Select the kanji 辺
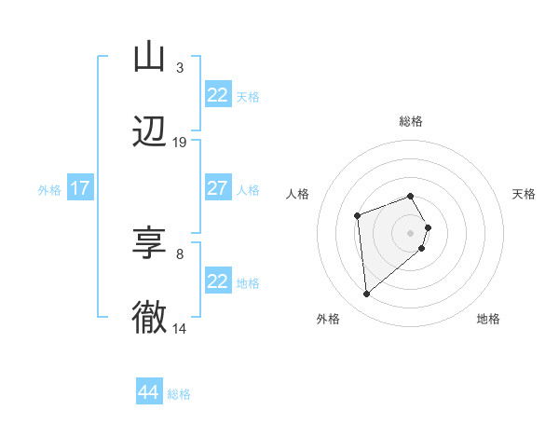(149, 132)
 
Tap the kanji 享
(149, 244)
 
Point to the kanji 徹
(149, 318)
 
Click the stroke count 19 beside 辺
(180, 143)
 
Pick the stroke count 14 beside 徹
(180, 328)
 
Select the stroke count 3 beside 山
(179, 68)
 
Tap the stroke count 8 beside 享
(179, 253)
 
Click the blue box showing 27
(217, 188)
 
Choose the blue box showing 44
(149, 392)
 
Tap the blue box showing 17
(80, 188)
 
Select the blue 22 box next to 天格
(217, 95)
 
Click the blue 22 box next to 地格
(217, 281)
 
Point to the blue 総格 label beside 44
(179, 394)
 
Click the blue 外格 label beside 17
(49, 190)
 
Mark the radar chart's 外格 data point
(367, 294)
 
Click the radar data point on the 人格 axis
(357, 216)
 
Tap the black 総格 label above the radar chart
(411, 122)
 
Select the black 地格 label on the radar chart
(488, 320)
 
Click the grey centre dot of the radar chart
(411, 231)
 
